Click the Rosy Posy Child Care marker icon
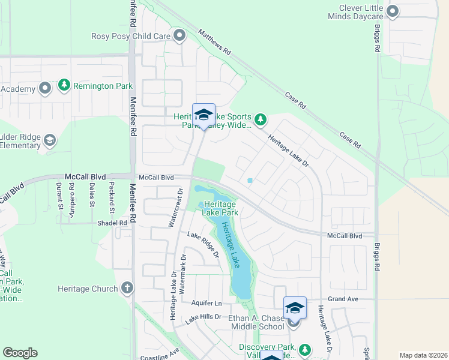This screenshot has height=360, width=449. pos(179,36)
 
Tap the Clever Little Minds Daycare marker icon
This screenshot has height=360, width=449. pos(393,11)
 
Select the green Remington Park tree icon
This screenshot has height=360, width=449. pos(64,86)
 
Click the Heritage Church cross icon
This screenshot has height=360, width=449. pos(127,288)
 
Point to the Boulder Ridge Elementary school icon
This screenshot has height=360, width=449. pos(49,141)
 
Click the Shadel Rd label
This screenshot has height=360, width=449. pos(112,223)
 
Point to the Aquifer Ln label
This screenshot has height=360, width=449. pos(206,303)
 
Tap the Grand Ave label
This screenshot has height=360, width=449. pos(343,299)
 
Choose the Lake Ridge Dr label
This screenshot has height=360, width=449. pos(203,244)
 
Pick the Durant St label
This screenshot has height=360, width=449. pos(60,196)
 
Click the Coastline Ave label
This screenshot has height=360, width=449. pos(159,354)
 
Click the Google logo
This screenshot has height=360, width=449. pos(20,353)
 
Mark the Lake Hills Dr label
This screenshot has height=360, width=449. pos(203,319)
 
